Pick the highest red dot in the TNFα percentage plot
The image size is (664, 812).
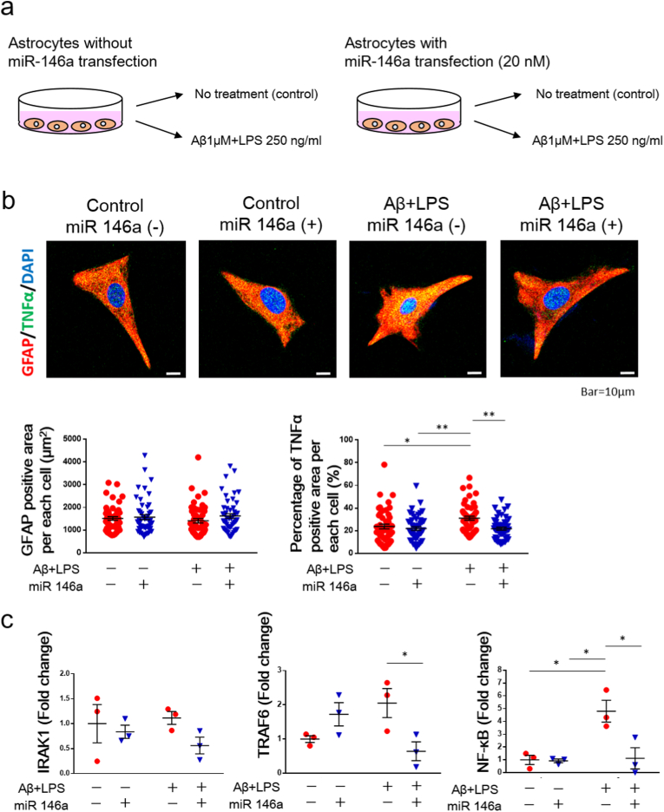(384, 464)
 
